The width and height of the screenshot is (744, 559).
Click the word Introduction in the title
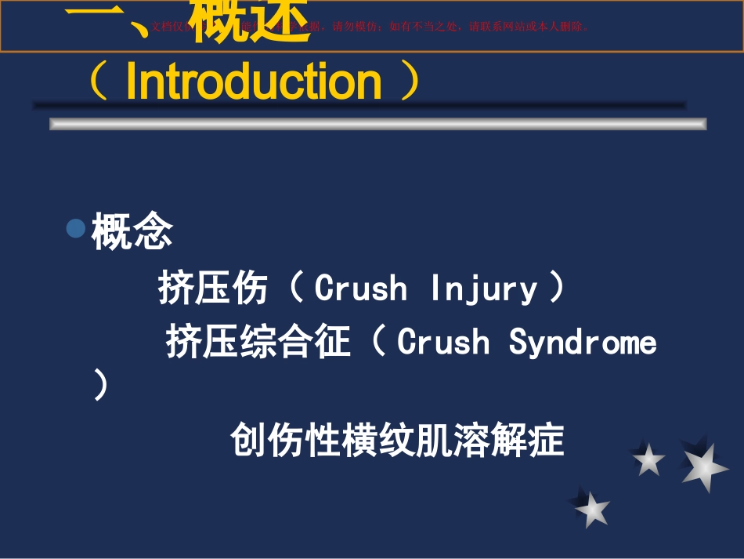pyautogui.click(x=254, y=81)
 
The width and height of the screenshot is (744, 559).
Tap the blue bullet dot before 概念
pyautogui.click(x=75, y=229)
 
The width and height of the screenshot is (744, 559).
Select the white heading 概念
pyautogui.click(x=132, y=232)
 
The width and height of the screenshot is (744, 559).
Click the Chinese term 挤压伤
pyautogui.click(x=213, y=288)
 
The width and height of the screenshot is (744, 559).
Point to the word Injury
pyautogui.click(x=484, y=289)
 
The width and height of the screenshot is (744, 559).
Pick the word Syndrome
pyautogui.click(x=583, y=343)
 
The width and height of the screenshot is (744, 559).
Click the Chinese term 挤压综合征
pyautogui.click(x=258, y=343)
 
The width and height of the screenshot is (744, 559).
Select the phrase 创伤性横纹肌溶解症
pyautogui.click(x=397, y=440)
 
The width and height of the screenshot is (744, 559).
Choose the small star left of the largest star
pyautogui.click(x=648, y=459)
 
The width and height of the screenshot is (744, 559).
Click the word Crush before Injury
pyautogui.click(x=361, y=289)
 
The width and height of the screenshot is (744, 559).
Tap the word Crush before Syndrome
pyautogui.click(x=443, y=343)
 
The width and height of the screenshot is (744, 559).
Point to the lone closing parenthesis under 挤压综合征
pyautogui.click(x=100, y=386)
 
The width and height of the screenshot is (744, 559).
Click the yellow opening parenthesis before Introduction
pyautogui.click(x=99, y=82)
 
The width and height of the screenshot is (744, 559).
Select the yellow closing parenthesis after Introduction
pyautogui.click(x=409, y=82)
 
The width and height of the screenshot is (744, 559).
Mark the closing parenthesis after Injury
pyautogui.click(x=557, y=289)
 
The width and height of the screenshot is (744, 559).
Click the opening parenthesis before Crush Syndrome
pyautogui.click(x=379, y=343)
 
